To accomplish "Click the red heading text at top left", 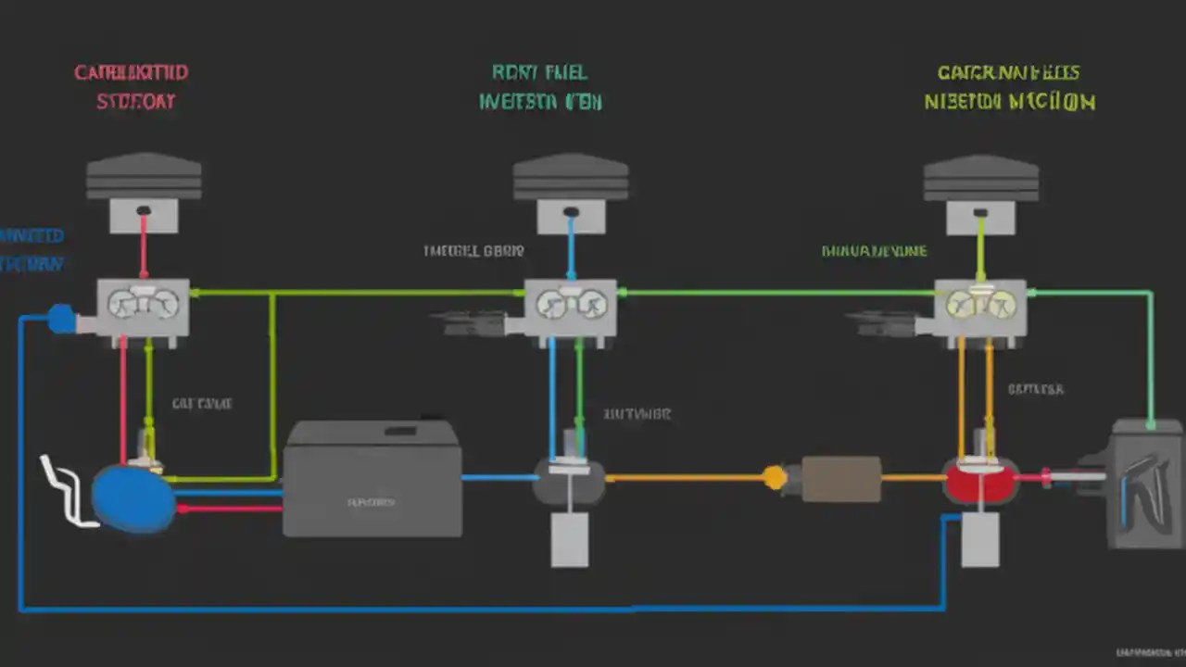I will [132, 87].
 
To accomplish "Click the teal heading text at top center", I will [540, 87].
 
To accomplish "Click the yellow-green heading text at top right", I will [1009, 87].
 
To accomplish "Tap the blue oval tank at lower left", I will [132, 499].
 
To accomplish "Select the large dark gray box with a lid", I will [372, 480].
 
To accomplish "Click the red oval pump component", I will [980, 480].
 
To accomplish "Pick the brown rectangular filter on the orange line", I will [840, 479].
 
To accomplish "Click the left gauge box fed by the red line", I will [144, 307].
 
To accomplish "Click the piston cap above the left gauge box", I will [144, 178].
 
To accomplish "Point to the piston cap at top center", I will [571, 178].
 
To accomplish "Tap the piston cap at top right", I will [981, 178].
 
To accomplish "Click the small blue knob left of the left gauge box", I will [61, 319].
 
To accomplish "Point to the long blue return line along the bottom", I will [463, 609].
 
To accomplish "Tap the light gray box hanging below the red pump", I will [980, 540].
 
